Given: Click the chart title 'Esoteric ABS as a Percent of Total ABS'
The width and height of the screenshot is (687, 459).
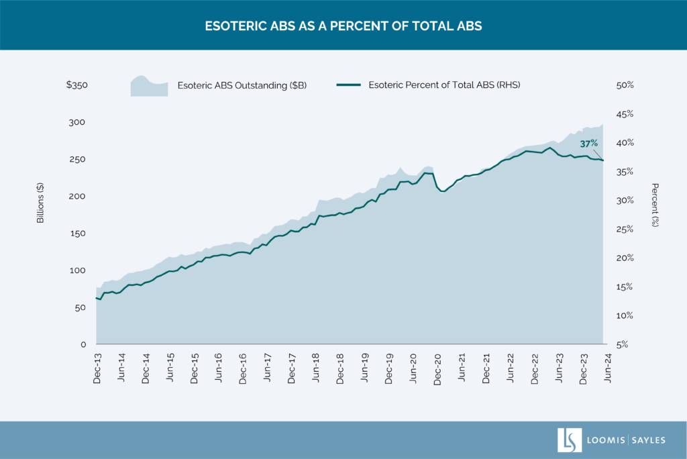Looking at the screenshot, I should [343, 26].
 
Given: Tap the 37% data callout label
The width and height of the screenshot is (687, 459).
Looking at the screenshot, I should [588, 144].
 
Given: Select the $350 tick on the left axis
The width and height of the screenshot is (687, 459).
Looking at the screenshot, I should [76, 85].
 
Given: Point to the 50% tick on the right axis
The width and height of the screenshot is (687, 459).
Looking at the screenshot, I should [625, 85].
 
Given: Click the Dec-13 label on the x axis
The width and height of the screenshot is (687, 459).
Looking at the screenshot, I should [97, 368].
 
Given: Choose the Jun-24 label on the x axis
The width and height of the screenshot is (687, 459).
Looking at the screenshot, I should [608, 368].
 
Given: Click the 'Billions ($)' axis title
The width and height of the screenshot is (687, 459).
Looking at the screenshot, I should [41, 203].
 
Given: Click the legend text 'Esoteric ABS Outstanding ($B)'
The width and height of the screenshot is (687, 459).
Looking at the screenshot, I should [242, 85].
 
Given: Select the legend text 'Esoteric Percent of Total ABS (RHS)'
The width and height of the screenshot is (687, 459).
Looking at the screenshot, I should [444, 85].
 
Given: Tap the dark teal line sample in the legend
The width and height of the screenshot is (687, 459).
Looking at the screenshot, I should [348, 85].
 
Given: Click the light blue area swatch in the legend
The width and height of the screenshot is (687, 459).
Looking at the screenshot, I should [149, 87].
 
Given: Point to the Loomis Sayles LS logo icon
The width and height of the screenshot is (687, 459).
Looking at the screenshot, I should [569, 440].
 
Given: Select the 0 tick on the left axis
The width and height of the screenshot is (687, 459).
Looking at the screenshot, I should [83, 344].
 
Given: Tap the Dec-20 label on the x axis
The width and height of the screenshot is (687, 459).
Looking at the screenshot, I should [438, 368].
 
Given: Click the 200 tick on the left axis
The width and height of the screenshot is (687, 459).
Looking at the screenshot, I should [79, 196].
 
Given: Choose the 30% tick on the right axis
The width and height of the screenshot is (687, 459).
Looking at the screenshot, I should [625, 201].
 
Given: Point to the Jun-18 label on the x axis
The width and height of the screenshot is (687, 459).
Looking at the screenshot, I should [316, 368].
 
